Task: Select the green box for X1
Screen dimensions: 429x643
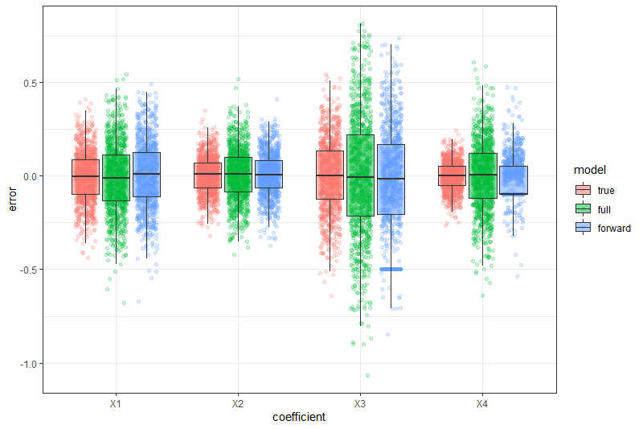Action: (116, 178)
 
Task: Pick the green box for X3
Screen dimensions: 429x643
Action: (360, 175)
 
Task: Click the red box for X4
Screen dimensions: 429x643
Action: (452, 175)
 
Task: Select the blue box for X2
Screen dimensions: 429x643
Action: (268, 174)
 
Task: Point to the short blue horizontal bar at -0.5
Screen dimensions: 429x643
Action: (391, 269)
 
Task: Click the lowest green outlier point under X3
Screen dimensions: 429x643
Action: (367, 375)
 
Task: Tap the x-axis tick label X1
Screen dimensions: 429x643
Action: (116, 402)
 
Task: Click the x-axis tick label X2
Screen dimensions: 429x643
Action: (238, 402)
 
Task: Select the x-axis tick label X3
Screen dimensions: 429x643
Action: (360, 402)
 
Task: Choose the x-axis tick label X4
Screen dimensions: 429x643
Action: (482, 402)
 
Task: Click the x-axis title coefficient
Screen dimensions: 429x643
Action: (299, 417)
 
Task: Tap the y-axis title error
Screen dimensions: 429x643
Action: (12, 199)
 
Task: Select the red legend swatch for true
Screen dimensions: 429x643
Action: (583, 190)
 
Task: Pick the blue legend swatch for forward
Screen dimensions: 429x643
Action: (583, 228)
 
